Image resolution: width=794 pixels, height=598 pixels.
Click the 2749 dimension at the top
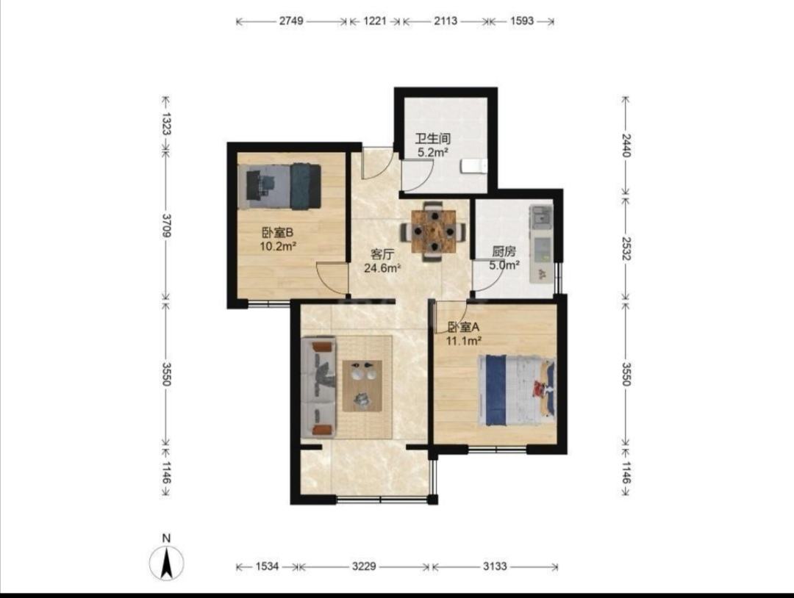[291, 21]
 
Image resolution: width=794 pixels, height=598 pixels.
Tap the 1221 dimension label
[375, 21]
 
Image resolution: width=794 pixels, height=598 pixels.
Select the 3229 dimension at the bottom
[364, 566]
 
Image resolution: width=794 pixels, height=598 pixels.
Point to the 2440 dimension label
[626, 145]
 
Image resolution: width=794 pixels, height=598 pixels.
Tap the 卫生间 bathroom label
[433, 138]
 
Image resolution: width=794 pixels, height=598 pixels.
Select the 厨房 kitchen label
[504, 251]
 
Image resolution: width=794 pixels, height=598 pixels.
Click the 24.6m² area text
[382, 268]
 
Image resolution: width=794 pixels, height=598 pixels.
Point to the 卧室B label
[277, 233]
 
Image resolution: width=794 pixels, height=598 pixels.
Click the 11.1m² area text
[463, 341]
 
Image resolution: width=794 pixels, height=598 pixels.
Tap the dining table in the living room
[434, 231]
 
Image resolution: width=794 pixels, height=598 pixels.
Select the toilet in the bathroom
[474, 166]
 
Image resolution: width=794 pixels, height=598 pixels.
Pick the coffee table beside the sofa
[362, 386]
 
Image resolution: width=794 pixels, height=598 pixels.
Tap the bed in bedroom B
[280, 186]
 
